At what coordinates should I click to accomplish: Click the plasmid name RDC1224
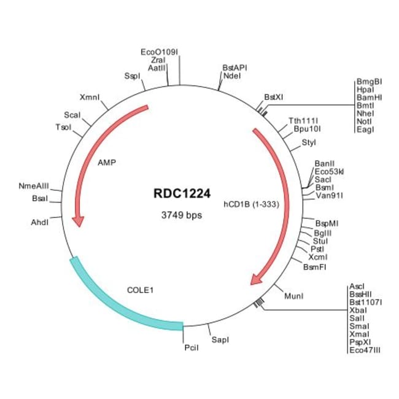point(182,193)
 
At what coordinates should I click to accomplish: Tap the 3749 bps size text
point(182,215)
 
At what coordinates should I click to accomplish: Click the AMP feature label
point(107,162)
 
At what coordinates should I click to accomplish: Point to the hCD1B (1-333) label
point(252,204)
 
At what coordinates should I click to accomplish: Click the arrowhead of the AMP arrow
point(79,222)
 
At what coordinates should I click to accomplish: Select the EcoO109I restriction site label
point(160,52)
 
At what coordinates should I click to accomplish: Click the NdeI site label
point(232,76)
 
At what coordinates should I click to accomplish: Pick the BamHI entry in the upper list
point(369,98)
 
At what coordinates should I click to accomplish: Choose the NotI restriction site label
point(364,122)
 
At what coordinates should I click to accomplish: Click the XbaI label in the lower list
point(358,310)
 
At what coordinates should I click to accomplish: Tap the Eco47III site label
point(365,350)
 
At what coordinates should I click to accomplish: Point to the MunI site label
point(293,296)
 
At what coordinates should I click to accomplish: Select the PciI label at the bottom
point(192,347)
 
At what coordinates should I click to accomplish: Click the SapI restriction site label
point(220,339)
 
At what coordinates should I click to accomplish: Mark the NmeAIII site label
point(34,186)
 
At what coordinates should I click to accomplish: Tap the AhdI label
point(40,222)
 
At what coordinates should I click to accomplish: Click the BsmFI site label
point(314,267)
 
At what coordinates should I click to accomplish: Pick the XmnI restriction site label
point(90,97)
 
